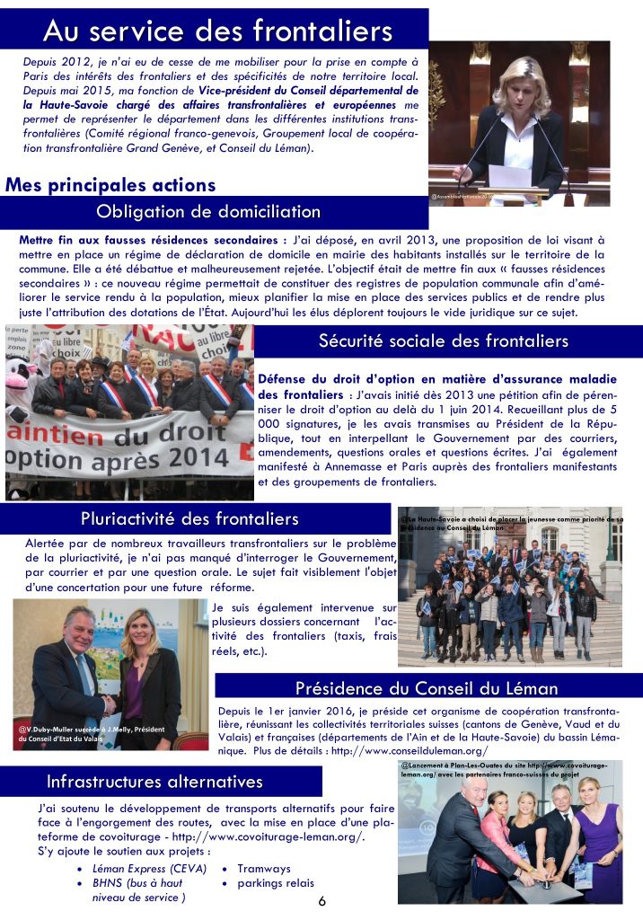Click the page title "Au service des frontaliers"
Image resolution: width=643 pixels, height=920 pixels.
click(217, 31)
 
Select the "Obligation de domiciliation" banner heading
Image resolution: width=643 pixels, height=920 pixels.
click(207, 212)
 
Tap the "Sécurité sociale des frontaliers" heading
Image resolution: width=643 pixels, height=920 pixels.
click(443, 341)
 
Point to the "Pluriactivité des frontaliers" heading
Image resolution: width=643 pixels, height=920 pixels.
click(189, 518)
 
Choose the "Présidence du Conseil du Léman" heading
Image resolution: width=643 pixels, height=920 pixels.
click(427, 688)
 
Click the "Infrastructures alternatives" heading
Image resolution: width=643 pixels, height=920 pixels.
click(154, 781)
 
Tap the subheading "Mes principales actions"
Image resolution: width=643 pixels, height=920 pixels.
click(110, 185)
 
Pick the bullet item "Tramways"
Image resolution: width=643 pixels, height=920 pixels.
click(264, 869)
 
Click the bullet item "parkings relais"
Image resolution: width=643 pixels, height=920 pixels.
click(276, 883)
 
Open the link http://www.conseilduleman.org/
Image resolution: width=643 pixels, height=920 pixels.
click(410, 750)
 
